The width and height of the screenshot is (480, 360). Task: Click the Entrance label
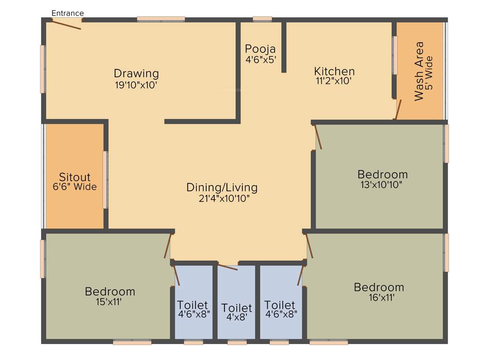(67, 13)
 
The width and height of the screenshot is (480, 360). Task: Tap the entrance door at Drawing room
(67, 24)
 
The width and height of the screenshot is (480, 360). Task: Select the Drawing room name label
(136, 74)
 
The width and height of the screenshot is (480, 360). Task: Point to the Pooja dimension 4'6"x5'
(261, 60)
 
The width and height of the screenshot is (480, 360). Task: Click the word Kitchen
(334, 71)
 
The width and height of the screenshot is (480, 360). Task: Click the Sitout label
(75, 177)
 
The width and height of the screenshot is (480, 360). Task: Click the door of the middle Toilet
(228, 268)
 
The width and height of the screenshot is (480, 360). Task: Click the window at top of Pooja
(262, 19)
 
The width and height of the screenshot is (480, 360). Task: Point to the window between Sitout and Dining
(105, 180)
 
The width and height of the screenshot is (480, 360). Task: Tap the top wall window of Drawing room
(161, 19)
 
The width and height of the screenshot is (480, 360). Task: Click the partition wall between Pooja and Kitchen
(284, 47)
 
